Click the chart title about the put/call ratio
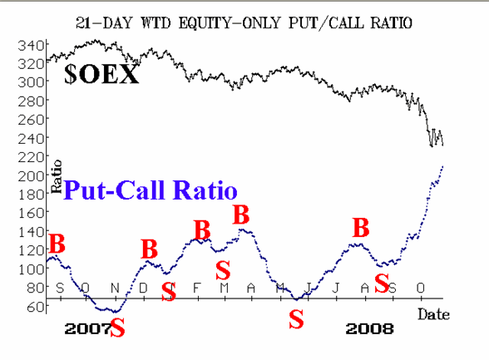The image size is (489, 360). (244, 22)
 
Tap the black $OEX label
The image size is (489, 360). (101, 74)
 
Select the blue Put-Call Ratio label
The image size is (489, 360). (151, 190)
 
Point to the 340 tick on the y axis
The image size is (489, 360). (31, 46)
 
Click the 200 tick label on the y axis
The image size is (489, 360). (31, 176)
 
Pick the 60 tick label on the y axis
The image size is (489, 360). (35, 307)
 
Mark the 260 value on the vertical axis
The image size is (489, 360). (31, 120)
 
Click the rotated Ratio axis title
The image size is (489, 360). (57, 176)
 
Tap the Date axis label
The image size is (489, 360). (433, 314)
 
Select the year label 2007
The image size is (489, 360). (87, 329)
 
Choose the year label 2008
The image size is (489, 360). (369, 329)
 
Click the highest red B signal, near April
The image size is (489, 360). (241, 215)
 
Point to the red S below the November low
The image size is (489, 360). (117, 328)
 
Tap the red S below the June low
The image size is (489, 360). (296, 319)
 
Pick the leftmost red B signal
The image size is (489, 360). (57, 244)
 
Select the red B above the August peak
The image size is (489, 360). (361, 228)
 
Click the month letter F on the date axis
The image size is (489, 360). (196, 288)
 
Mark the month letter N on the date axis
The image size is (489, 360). (115, 288)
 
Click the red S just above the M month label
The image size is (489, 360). (223, 270)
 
